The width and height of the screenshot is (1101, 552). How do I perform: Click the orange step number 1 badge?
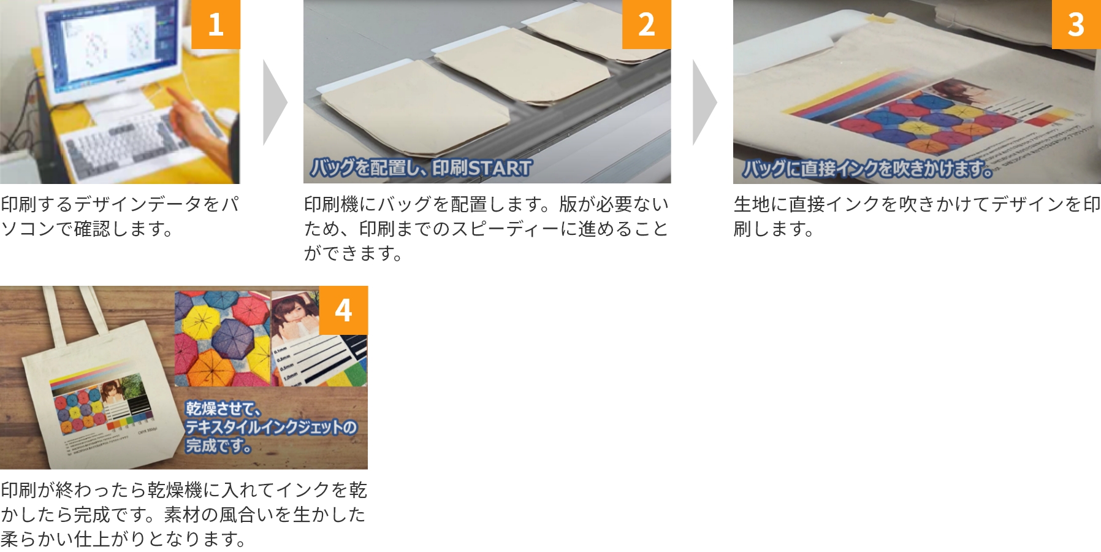[x=215, y=25]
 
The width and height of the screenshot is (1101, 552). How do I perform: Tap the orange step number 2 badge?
[x=646, y=25]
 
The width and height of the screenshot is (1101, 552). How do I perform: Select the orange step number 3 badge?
[x=1076, y=25]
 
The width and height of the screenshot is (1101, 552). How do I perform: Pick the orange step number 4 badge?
[x=343, y=310]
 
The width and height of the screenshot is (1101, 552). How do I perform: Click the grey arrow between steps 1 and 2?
[x=274, y=102]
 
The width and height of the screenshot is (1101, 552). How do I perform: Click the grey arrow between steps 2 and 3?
[x=704, y=102]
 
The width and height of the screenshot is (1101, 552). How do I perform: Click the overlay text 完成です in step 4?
[x=218, y=445]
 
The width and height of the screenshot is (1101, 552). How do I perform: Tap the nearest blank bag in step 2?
[x=417, y=110]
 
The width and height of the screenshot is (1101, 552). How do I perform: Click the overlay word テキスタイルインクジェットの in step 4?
[x=270, y=427]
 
